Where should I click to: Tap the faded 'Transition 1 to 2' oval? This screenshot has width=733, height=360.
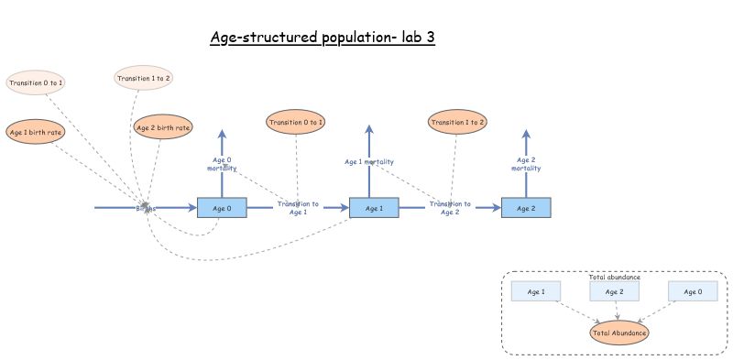145,78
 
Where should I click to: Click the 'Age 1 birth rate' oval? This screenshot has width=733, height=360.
36,132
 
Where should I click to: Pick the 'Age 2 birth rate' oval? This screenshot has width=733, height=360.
163,127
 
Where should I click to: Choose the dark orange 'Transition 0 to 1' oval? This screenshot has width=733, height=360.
296,122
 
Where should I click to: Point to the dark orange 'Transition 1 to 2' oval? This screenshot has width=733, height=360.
457,122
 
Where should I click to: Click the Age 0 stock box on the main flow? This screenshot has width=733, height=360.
222,208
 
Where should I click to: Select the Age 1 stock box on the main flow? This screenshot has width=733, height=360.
374,208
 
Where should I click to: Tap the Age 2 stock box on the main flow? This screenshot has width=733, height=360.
526,208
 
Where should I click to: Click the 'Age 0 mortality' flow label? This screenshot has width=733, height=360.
222,164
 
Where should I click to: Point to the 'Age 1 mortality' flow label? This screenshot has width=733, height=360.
369,162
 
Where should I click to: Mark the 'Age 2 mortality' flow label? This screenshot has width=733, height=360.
526,164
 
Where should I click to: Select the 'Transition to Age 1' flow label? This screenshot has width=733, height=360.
298,208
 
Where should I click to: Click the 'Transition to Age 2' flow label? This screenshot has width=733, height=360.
450,208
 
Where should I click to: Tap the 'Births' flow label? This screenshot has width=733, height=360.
146,208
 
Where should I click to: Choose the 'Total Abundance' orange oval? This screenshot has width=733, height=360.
619,333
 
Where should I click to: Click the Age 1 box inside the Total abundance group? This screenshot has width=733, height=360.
536,292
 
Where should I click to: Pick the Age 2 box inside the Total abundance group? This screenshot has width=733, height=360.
614,292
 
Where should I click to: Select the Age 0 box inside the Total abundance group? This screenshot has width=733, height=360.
693,292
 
